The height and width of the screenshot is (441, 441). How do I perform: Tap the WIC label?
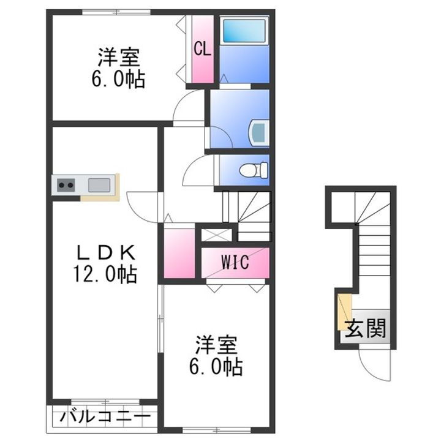click(235, 263)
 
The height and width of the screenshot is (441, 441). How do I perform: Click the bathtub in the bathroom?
click(243, 31)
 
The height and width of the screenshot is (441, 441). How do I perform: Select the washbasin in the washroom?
click(258, 131)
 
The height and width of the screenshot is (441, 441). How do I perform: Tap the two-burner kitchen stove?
click(66, 184)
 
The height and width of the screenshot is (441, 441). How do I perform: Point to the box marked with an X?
click(217, 234)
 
